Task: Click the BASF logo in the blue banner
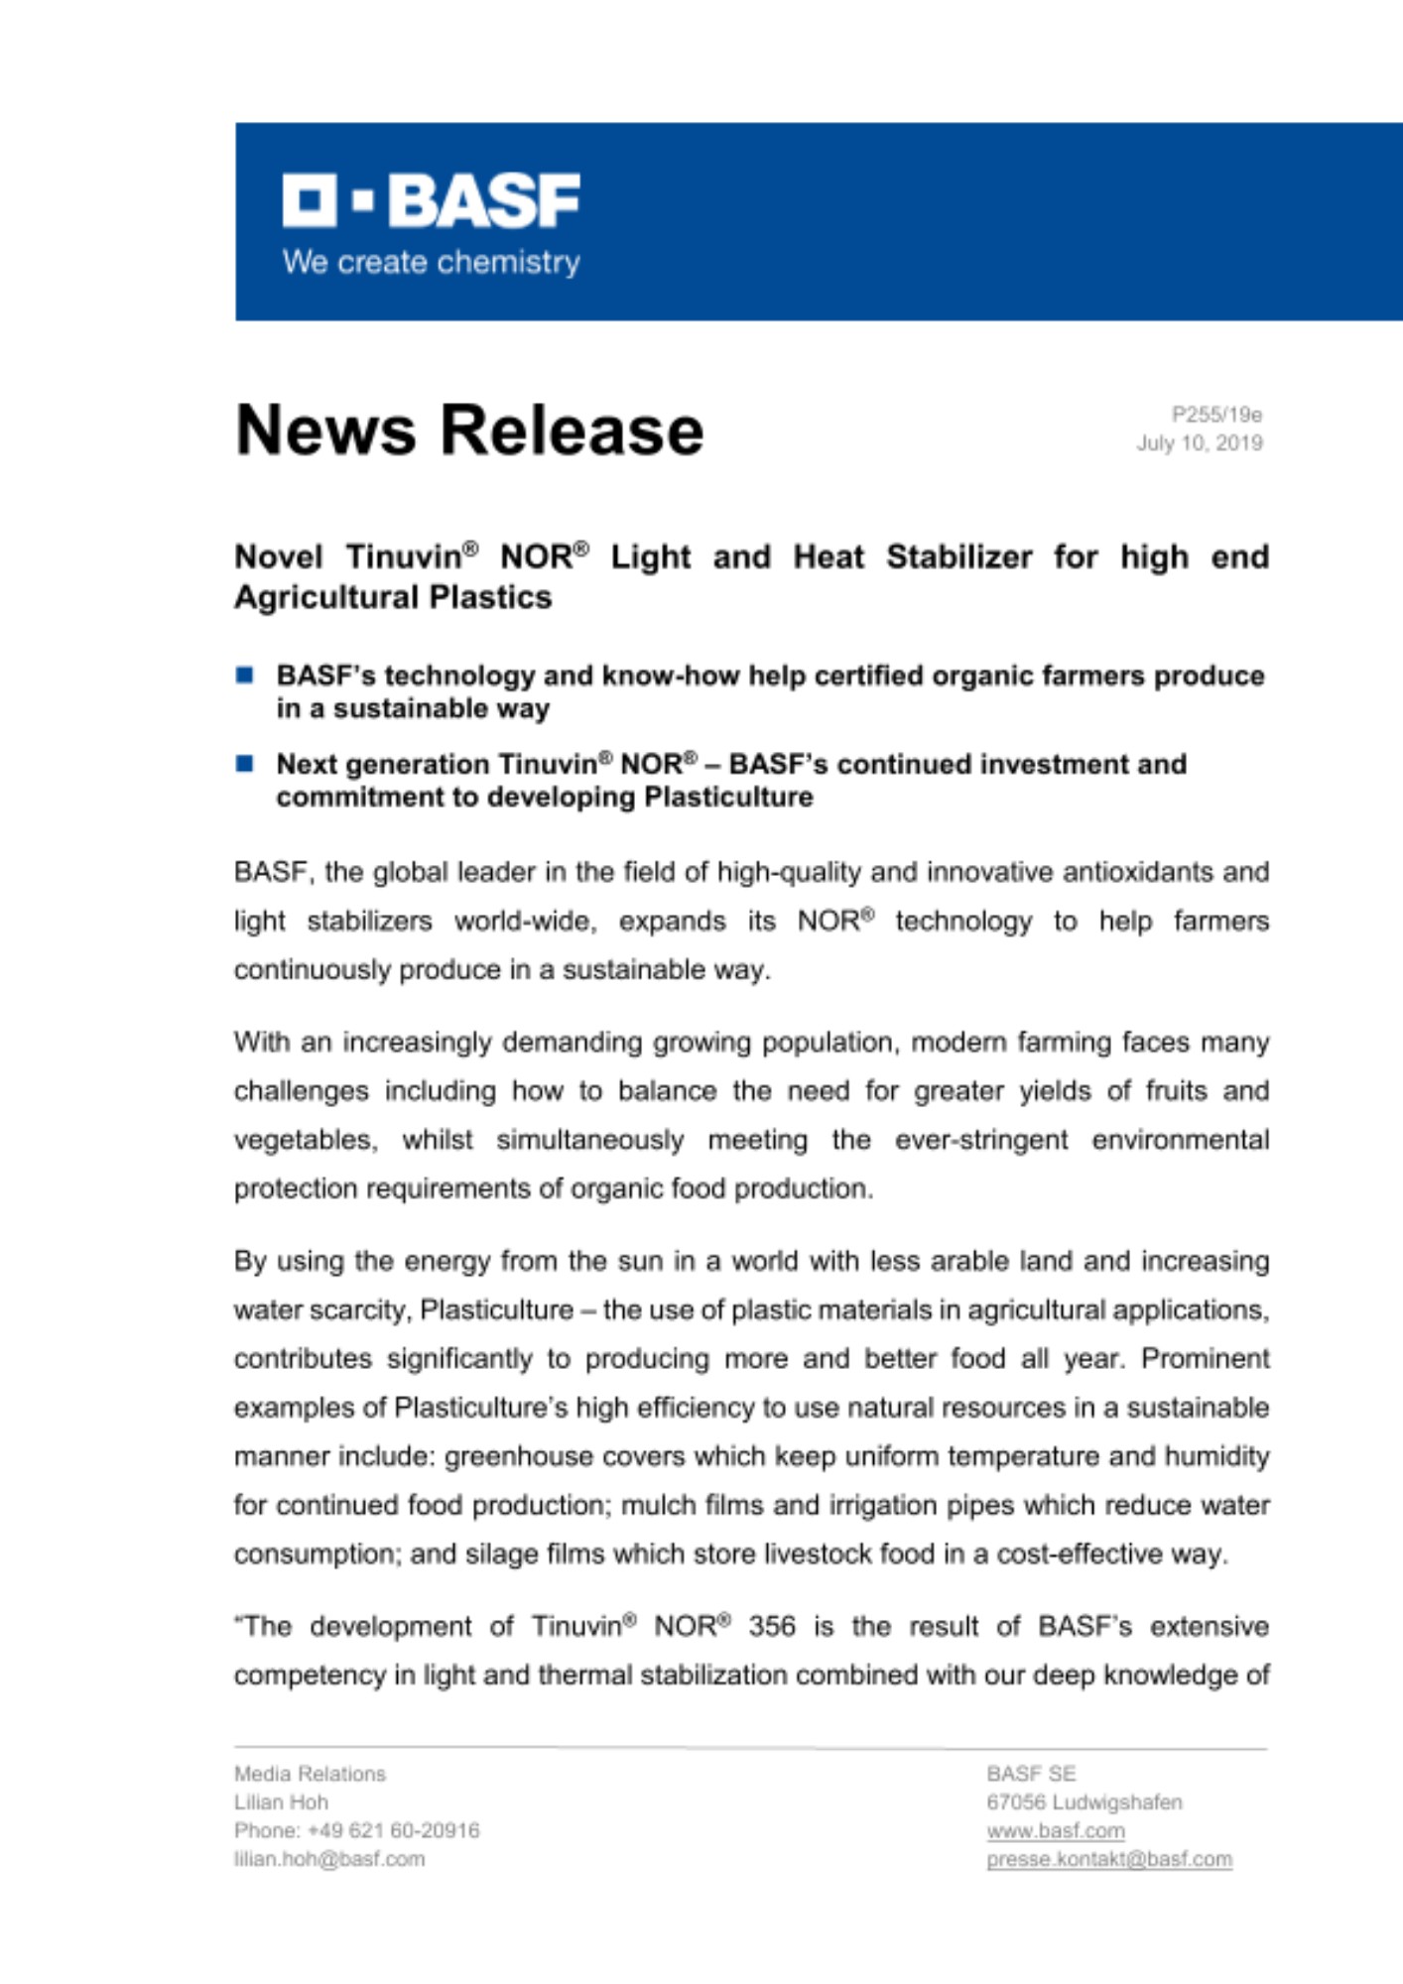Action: [431, 200]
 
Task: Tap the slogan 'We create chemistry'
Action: [431, 263]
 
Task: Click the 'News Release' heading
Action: [468, 431]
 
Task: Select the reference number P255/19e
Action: [1216, 415]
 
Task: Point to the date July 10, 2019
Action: [1199, 443]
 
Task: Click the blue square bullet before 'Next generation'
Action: [245, 764]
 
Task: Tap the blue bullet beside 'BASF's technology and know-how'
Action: [245, 676]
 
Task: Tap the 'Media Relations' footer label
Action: [310, 1774]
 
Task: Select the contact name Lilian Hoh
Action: [281, 1802]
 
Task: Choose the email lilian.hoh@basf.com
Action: [329, 1860]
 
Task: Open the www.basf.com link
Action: [1055, 1831]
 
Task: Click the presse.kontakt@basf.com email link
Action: [1108, 1860]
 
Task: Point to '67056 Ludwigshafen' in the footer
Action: [1084, 1802]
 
